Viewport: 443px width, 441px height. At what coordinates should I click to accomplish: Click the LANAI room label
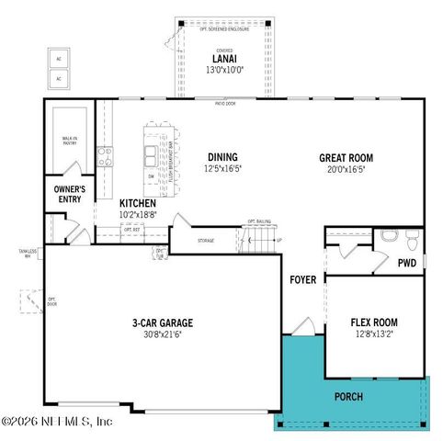click(x=223, y=58)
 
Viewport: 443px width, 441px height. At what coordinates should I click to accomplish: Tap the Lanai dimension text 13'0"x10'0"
click(x=223, y=70)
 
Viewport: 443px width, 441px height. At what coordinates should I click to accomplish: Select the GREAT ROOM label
click(x=346, y=157)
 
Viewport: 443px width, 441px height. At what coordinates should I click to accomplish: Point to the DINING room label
click(x=222, y=157)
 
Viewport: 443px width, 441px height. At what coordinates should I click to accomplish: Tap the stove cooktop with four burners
click(x=105, y=154)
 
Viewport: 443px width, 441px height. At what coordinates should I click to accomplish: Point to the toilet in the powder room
click(x=412, y=241)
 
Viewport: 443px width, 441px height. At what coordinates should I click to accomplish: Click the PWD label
click(x=407, y=262)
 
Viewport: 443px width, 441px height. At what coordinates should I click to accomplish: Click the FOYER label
click(x=303, y=279)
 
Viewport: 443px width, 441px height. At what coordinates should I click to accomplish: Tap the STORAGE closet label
click(x=206, y=242)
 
